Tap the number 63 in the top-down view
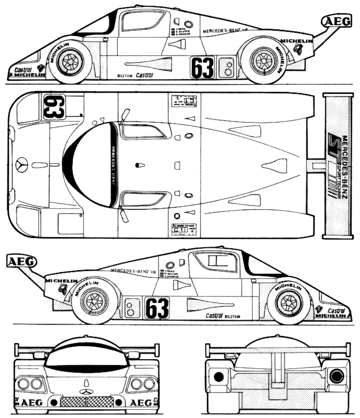coord(53,107)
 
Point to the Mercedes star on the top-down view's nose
coord(22,165)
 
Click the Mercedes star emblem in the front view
coord(86,392)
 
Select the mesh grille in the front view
coord(87,402)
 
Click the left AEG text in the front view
coord(31,402)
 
